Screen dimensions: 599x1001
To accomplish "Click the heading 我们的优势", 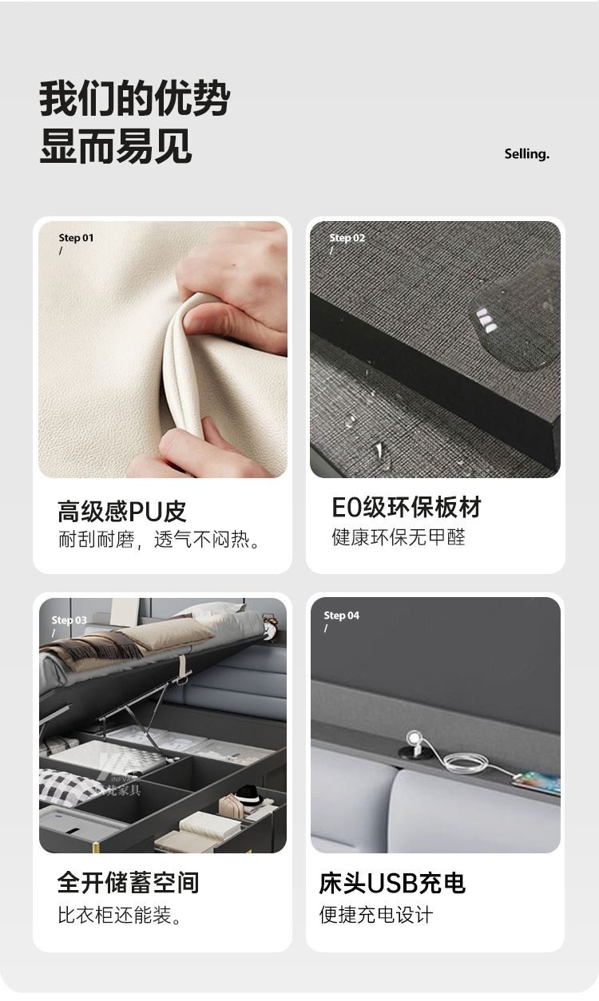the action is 134,98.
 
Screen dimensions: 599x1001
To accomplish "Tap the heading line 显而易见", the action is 116,146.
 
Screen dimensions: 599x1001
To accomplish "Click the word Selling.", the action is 526,154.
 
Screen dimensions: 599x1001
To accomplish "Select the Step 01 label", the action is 76,238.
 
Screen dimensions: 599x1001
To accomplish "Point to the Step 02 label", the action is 347,238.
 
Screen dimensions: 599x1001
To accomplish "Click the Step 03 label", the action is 69,619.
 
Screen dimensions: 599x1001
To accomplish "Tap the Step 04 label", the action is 342,615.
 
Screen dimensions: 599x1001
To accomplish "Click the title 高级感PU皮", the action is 121,511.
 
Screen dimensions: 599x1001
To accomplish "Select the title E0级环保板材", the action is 407,507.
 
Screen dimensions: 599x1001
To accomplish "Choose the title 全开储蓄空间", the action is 129,882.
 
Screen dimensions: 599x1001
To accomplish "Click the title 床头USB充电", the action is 392,883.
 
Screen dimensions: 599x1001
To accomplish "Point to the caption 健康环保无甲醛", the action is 399,537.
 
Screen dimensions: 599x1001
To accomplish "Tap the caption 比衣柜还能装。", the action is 119,915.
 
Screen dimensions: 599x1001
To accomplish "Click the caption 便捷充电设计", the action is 376,915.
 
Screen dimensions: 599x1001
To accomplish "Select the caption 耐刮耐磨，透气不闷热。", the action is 159,540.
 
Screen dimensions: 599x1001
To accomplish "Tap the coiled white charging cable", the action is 465,759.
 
